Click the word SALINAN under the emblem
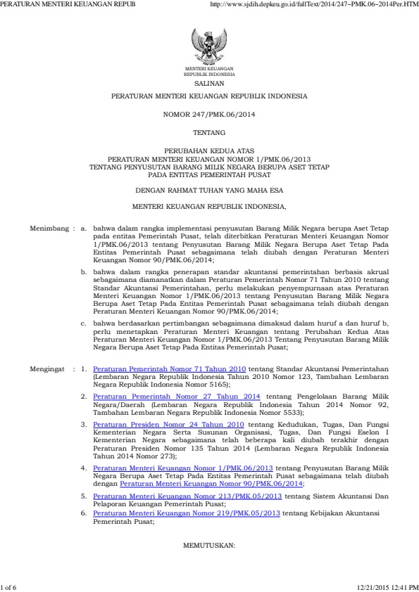pyautogui.click(x=209, y=82)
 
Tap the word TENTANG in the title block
pyautogui.click(x=209, y=133)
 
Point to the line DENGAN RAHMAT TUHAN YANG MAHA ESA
pyautogui.click(x=209, y=190)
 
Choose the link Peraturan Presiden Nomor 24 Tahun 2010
pyautogui.click(x=168, y=425)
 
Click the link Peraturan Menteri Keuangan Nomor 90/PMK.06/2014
pyautogui.click(x=211, y=484)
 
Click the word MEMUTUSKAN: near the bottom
pyautogui.click(x=209, y=545)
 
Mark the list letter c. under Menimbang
pyautogui.click(x=84, y=323)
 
